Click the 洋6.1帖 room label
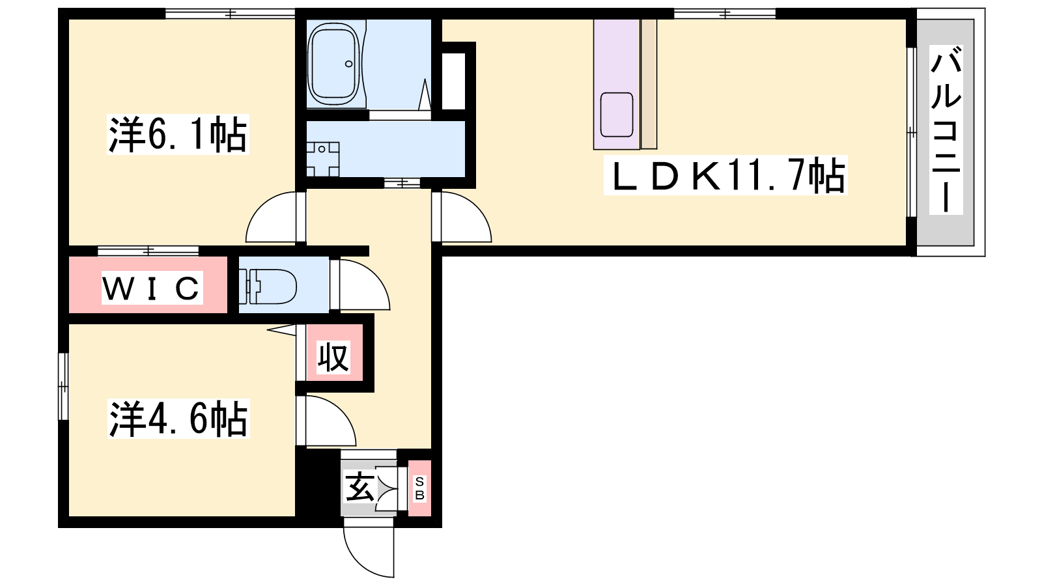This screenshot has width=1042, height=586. tap(178, 134)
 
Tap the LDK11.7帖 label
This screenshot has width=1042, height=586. tap(725, 175)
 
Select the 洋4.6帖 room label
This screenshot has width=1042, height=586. tap(178, 419)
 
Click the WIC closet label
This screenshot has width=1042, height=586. tap(152, 288)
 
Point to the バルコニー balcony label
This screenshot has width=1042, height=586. tap(946, 130)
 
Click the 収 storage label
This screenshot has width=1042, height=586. tap(333, 357)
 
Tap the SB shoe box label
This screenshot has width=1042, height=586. tap(419, 488)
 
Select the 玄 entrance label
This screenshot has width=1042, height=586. tap(359, 486)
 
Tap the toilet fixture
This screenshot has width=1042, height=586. tap(268, 286)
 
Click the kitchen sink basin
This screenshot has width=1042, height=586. tap(616, 115)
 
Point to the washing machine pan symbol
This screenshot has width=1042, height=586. tap(322, 160)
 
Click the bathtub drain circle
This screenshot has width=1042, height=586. tap(349, 64)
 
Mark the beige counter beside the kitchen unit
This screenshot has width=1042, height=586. tap(649, 84)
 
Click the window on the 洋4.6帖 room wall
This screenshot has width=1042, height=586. tap(63, 387)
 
